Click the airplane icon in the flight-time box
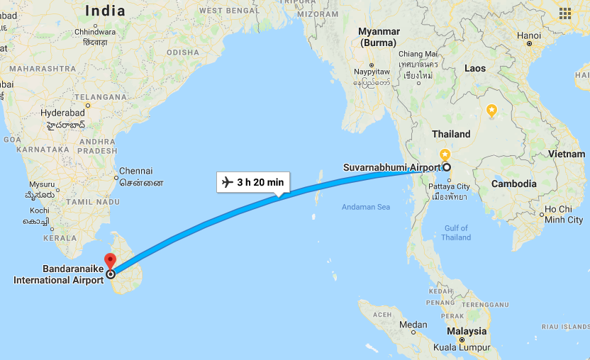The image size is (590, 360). click(x=228, y=182)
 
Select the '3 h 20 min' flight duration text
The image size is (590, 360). click(x=260, y=182)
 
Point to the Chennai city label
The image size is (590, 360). click(x=136, y=171)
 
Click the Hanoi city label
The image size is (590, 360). click(x=528, y=35)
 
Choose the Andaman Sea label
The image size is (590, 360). click(x=366, y=207)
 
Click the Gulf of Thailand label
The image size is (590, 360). click(x=455, y=232)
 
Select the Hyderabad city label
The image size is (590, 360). click(x=62, y=113)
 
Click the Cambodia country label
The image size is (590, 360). click(x=514, y=184)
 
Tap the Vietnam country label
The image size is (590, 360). click(x=566, y=154)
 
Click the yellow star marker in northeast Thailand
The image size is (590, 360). click(x=491, y=110)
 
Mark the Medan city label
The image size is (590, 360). click(x=413, y=325)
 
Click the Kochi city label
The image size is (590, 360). click(x=40, y=210)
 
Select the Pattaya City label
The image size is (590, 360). click(x=449, y=186)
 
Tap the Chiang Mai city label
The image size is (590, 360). click(x=418, y=54)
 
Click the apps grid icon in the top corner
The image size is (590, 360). click(x=565, y=13)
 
